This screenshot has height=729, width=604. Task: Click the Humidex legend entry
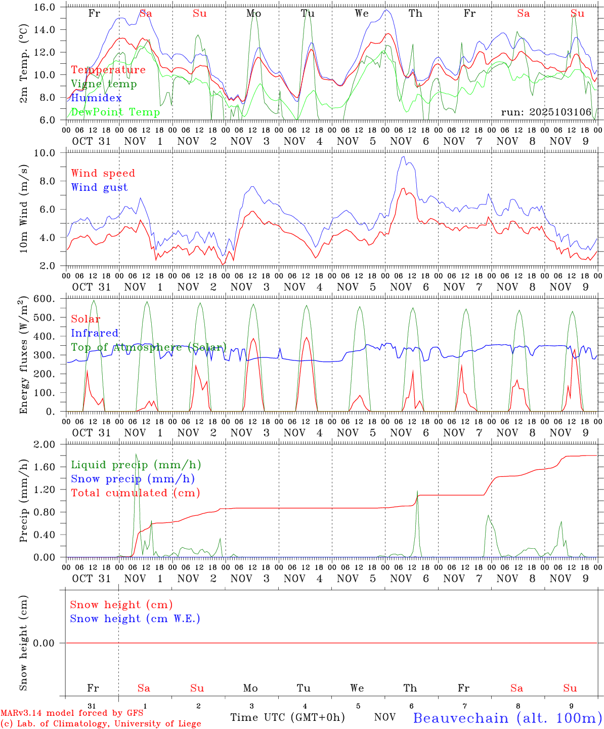96,98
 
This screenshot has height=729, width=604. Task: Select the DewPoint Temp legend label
115,112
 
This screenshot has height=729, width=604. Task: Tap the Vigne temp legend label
104,84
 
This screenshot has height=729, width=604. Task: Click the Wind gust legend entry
99,187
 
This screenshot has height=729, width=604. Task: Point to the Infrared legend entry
95,333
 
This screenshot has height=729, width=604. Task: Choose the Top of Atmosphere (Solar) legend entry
149,347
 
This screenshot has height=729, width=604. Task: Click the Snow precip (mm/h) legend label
133,479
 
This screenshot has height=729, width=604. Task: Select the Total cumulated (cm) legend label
135,493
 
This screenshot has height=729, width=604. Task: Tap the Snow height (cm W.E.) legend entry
135,619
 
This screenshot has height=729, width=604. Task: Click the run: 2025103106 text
546,112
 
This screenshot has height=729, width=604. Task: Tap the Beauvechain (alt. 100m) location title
507,718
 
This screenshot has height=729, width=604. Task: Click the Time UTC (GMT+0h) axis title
287,717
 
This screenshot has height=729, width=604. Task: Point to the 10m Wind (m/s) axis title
24,209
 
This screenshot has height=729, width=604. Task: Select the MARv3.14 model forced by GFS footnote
71,713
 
